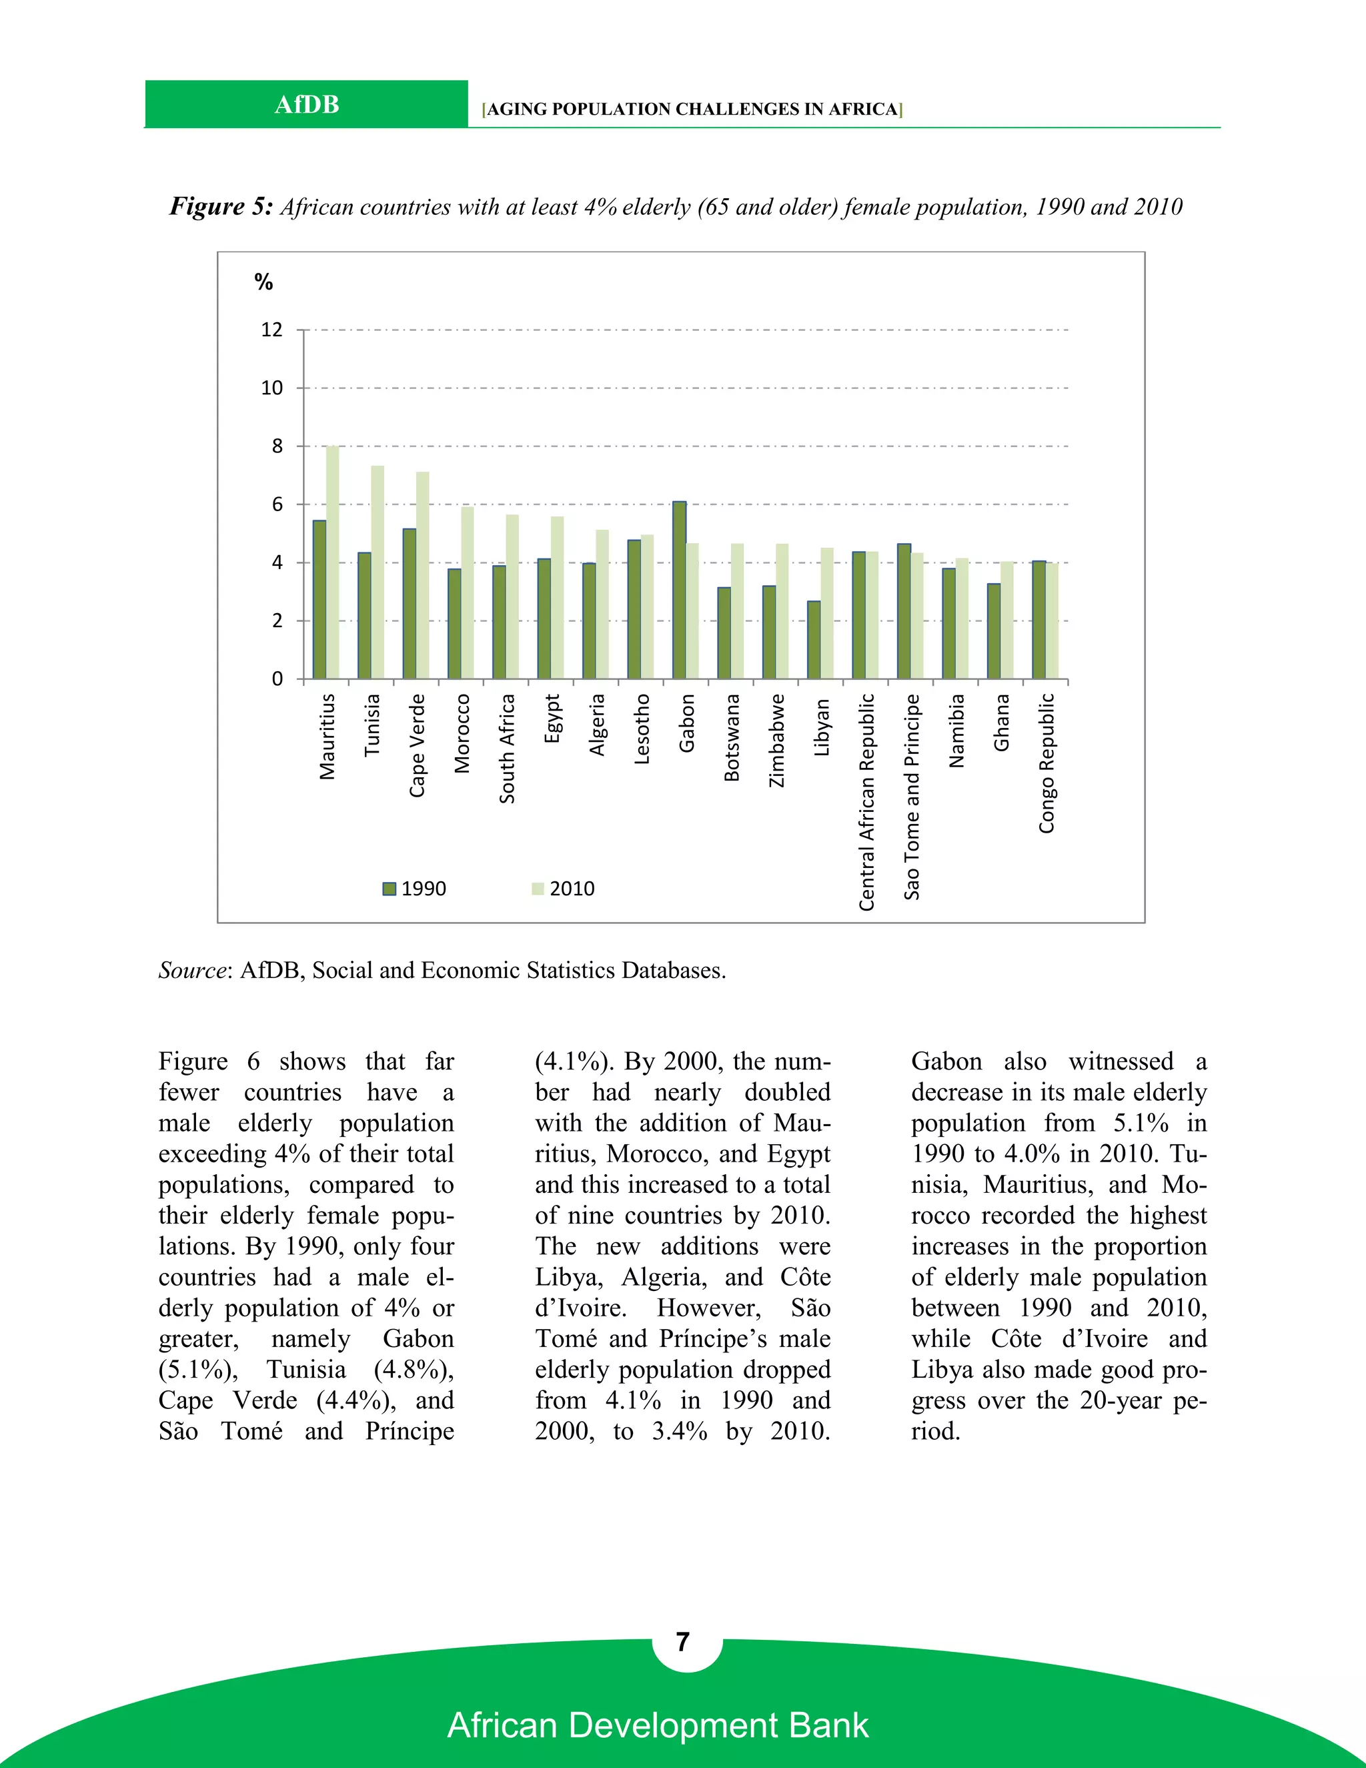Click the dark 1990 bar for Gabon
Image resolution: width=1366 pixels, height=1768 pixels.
(x=680, y=590)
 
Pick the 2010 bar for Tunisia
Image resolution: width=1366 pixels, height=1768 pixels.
(x=377, y=572)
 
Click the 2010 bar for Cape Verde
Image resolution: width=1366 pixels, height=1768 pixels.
(x=422, y=574)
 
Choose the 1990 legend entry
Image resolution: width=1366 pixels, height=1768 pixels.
(x=414, y=889)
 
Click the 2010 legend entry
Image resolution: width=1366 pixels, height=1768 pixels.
(x=563, y=889)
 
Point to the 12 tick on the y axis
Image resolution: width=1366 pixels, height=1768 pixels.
(x=272, y=330)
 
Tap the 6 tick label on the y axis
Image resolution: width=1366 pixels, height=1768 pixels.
(x=277, y=504)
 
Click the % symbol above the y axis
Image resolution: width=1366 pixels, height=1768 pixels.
(x=263, y=282)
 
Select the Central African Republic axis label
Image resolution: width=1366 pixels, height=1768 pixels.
(x=866, y=801)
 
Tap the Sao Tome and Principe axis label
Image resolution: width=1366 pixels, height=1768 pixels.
(x=912, y=797)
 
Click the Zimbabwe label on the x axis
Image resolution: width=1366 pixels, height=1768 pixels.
(x=777, y=740)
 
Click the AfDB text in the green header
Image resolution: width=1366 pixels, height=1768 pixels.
(x=307, y=105)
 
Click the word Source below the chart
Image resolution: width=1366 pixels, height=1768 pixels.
(x=192, y=970)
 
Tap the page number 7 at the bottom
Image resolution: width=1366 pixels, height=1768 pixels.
(x=683, y=1642)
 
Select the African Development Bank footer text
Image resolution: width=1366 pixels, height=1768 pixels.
(x=658, y=1725)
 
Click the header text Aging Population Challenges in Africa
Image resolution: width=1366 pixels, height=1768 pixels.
(x=692, y=109)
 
